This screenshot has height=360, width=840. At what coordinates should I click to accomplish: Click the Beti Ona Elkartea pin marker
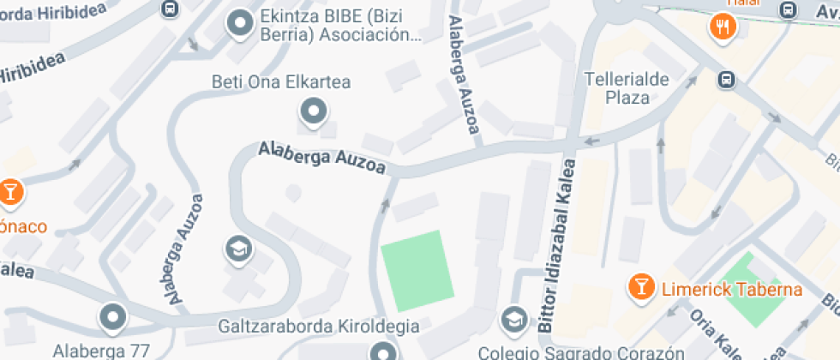(x=313, y=111)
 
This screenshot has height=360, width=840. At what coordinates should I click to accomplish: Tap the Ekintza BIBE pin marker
(x=238, y=24)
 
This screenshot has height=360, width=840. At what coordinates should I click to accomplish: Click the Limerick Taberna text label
(x=731, y=289)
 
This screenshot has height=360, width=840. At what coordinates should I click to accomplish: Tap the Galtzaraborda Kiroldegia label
(x=319, y=327)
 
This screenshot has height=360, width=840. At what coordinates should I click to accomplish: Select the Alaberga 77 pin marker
(x=112, y=318)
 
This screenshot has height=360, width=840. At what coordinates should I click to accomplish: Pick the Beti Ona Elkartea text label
(x=282, y=83)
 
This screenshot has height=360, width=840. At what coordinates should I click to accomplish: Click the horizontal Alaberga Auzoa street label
(x=322, y=159)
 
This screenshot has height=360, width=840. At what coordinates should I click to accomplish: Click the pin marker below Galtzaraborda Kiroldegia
(x=383, y=351)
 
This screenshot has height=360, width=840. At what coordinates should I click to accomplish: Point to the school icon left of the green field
(x=236, y=250)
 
